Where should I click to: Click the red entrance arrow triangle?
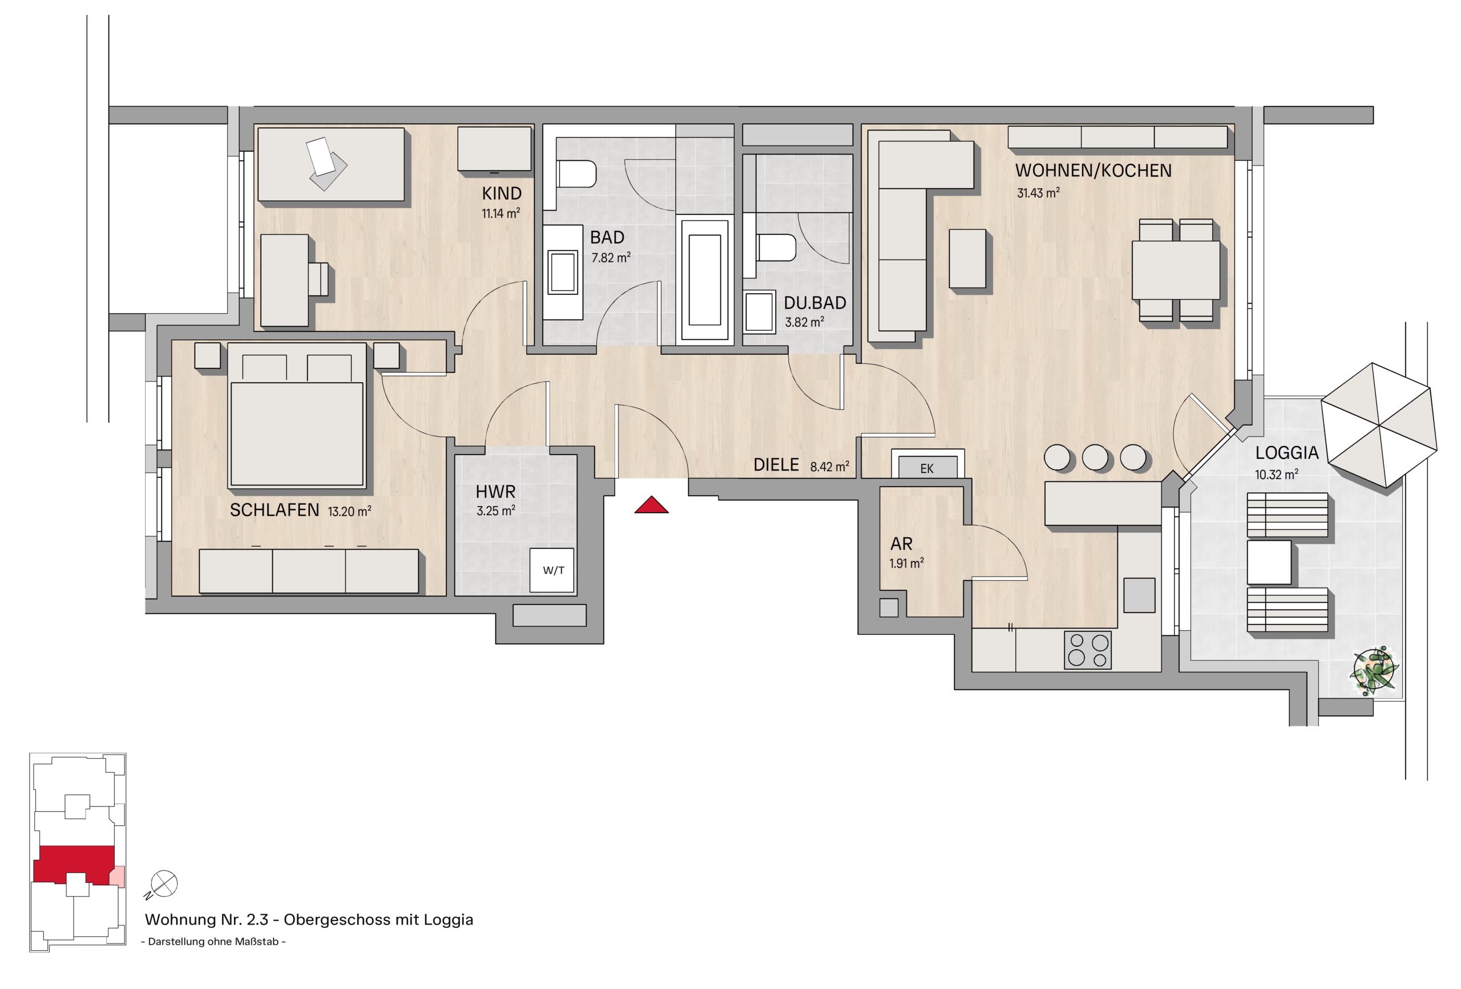[651, 505]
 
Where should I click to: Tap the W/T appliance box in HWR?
[552, 570]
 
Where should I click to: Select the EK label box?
[927, 468]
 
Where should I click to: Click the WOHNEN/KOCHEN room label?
[1093, 171]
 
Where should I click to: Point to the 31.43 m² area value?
[1038, 193]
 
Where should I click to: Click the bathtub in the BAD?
[705, 279]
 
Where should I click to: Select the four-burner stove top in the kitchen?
[1088, 650]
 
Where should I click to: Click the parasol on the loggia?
[1379, 425]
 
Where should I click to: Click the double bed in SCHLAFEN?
[297, 415]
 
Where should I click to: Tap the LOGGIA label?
[1286, 452]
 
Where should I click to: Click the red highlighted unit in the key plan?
[74, 865]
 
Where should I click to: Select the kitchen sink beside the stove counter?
[1139, 595]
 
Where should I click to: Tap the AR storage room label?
[902, 544]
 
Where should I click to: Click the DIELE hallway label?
[776, 465]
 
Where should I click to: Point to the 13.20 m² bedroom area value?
[349, 512]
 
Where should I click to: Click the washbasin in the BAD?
[563, 272]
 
